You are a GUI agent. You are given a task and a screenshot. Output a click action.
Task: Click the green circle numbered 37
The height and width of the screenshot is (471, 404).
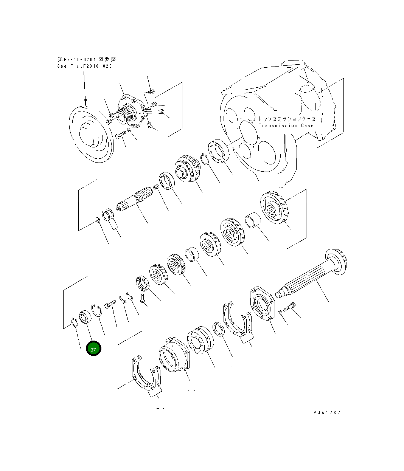(93, 349)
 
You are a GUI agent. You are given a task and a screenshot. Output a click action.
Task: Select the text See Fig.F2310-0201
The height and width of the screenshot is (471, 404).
(86, 66)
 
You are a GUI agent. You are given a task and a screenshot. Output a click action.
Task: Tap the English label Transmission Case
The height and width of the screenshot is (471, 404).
(286, 125)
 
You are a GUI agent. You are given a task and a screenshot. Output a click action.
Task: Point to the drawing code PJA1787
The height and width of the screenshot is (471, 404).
(327, 413)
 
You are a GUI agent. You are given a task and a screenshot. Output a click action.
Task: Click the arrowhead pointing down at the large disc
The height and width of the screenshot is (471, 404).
(85, 102)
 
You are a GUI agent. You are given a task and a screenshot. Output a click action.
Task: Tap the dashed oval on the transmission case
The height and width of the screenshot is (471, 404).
(311, 97)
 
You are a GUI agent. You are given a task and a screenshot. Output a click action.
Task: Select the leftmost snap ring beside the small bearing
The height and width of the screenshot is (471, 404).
(74, 322)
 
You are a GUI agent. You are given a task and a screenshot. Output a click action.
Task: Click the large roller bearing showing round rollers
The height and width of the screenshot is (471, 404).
(199, 341)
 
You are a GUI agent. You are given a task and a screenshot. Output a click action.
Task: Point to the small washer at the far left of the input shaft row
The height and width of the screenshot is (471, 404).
(97, 220)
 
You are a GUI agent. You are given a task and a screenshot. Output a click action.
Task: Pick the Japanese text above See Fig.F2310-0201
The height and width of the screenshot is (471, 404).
(87, 59)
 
